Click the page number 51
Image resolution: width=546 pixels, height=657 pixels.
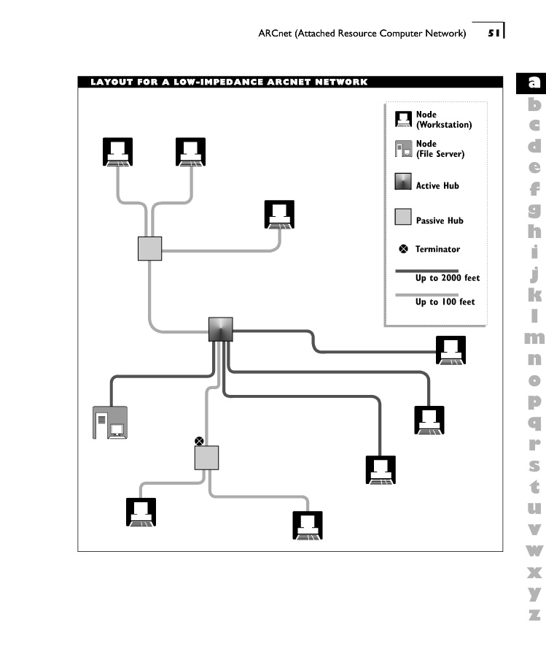click(x=494, y=32)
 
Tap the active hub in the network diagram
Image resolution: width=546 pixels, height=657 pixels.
click(x=221, y=329)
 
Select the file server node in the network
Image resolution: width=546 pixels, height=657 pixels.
click(x=110, y=422)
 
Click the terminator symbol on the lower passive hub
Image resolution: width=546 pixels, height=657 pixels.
click(x=198, y=440)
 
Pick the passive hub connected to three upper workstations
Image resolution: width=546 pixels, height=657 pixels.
click(x=149, y=248)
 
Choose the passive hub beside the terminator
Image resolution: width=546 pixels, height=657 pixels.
click(x=207, y=458)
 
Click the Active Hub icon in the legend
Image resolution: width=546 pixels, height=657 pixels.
click(x=403, y=182)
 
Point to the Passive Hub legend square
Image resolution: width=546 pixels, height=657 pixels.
click(x=403, y=217)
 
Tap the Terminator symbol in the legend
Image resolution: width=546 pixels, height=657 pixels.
click(x=402, y=250)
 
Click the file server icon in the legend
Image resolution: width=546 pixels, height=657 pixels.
click(x=403, y=149)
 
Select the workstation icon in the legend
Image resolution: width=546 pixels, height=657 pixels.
click(x=403, y=120)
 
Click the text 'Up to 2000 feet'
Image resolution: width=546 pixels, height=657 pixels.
click(x=448, y=278)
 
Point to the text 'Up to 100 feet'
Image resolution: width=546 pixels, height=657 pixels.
click(x=445, y=301)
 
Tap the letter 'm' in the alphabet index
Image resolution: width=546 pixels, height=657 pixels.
click(x=534, y=338)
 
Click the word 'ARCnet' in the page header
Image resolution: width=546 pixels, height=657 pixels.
click(x=275, y=33)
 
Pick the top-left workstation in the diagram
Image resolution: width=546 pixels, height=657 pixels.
click(x=117, y=152)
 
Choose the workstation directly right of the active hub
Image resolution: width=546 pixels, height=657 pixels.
click(x=450, y=350)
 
